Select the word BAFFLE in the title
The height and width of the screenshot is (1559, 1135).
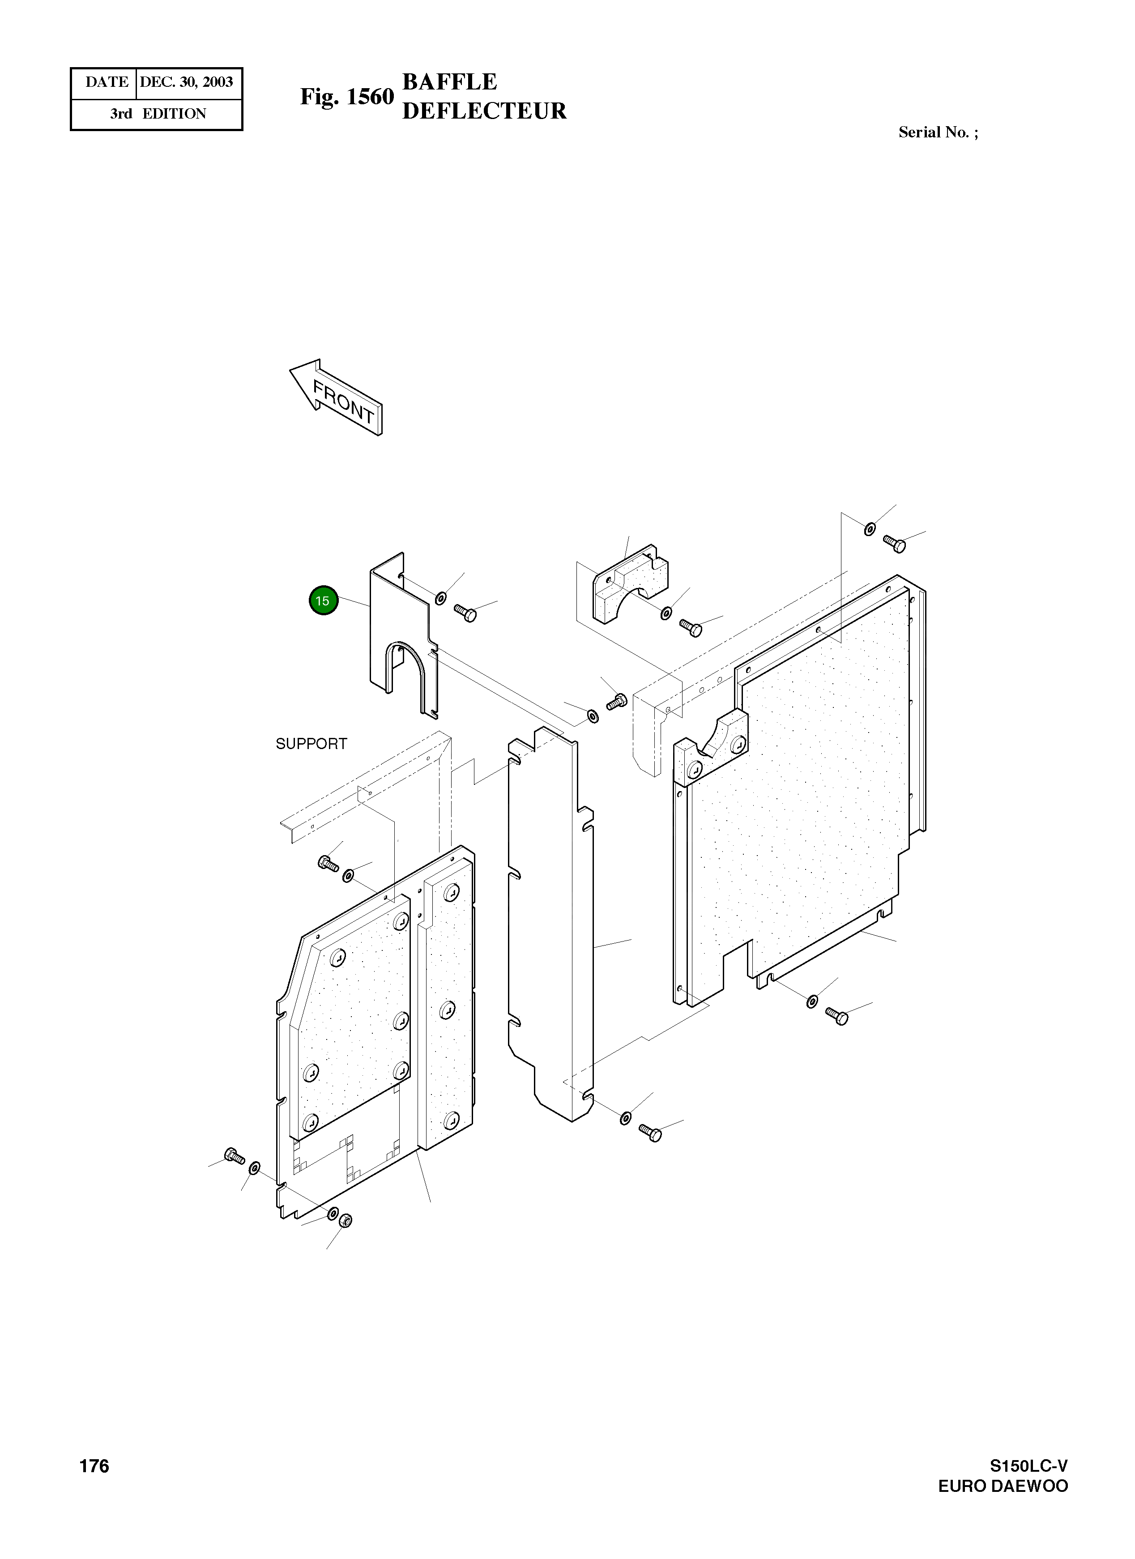(x=450, y=82)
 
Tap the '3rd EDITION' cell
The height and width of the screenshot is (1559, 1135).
(x=158, y=114)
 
